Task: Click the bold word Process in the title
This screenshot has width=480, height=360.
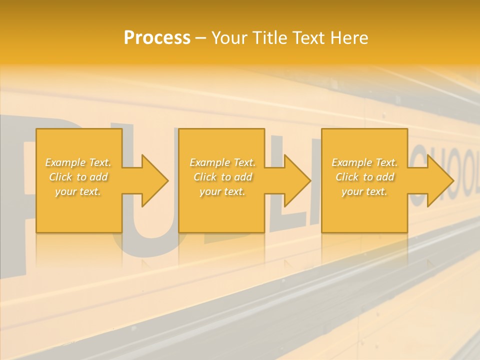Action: (x=157, y=38)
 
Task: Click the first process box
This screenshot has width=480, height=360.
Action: (x=79, y=210)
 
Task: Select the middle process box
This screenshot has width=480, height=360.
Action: (x=221, y=210)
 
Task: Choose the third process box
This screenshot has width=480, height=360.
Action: (x=364, y=210)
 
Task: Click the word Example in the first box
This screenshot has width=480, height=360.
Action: (x=65, y=162)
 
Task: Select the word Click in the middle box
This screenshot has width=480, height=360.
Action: (x=205, y=177)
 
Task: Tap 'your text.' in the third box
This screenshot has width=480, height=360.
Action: (x=364, y=191)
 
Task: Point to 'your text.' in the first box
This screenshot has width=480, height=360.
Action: (x=78, y=191)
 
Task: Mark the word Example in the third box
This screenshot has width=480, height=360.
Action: (x=351, y=162)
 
